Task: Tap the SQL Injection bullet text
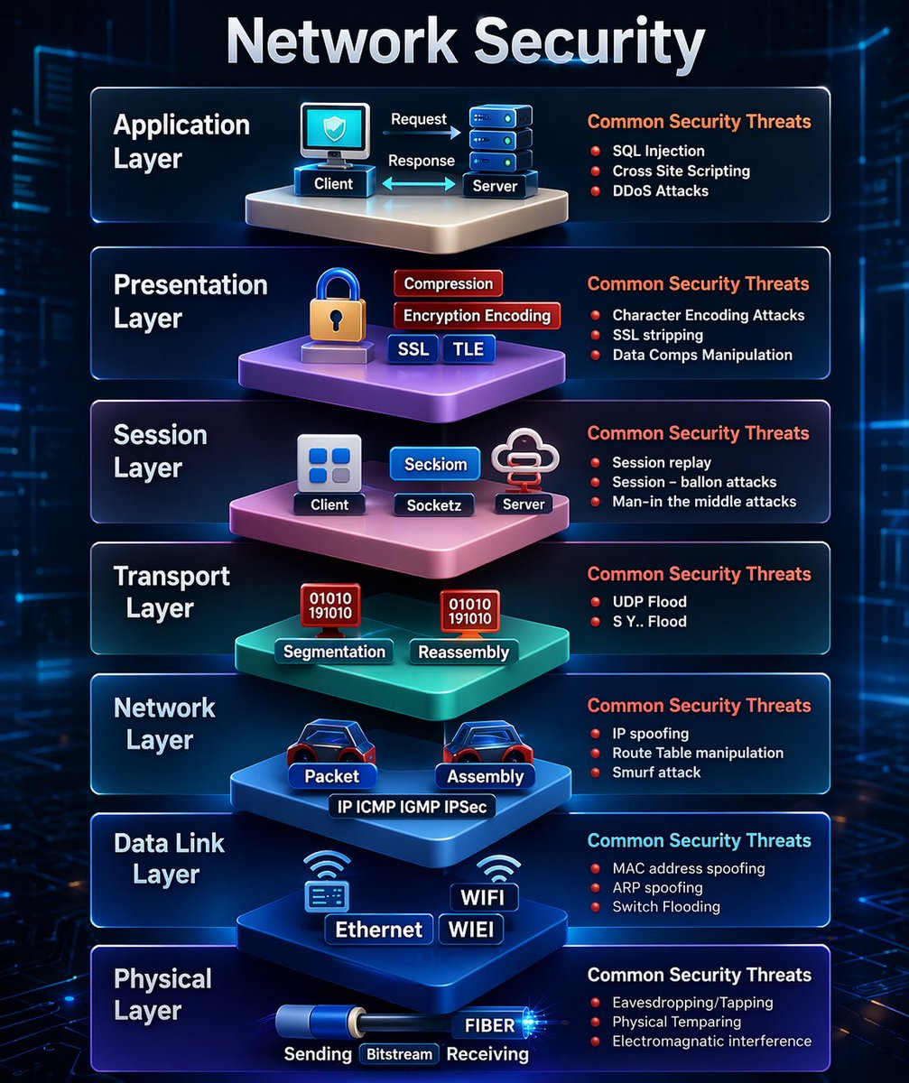pos(658,151)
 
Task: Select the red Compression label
pos(448,283)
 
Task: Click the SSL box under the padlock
pos(413,349)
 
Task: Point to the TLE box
pos(468,349)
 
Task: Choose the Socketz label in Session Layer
pos(434,505)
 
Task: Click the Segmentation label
pos(334,652)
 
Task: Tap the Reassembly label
pos(464,653)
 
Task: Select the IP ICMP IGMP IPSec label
pos(412,807)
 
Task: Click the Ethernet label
pos(378,930)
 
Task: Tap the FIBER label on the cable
pos(489,1025)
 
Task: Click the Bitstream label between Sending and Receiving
pos(398,1054)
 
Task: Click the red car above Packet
pos(331,742)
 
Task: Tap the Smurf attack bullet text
pos(656,773)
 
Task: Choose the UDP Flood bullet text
pos(649,602)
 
